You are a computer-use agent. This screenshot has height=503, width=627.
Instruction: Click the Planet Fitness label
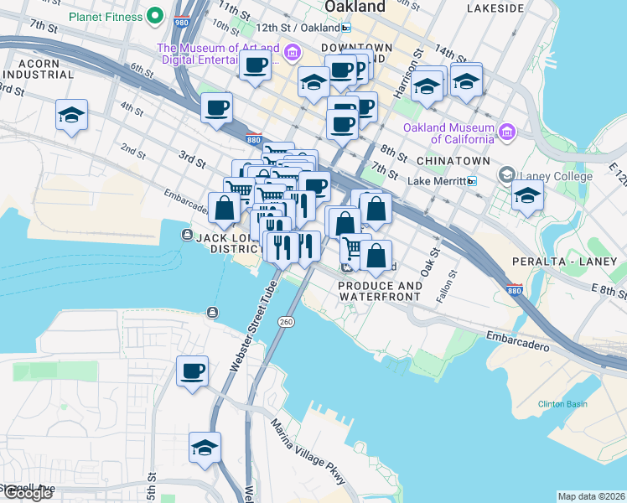click(106, 15)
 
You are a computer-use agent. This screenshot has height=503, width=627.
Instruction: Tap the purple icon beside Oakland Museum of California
click(507, 131)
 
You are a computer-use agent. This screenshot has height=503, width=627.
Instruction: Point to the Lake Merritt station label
click(436, 181)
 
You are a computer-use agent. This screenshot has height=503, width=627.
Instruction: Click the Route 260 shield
click(286, 321)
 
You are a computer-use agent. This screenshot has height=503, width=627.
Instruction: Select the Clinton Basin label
click(564, 405)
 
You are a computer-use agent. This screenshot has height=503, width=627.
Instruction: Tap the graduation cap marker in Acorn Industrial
click(72, 115)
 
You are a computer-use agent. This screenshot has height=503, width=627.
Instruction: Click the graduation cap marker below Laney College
click(527, 194)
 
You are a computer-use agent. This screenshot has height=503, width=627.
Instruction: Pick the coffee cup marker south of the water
click(192, 371)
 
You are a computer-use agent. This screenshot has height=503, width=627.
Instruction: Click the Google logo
click(28, 493)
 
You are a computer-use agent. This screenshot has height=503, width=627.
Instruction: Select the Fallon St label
click(446, 286)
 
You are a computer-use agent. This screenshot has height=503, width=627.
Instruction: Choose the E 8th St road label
click(608, 289)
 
